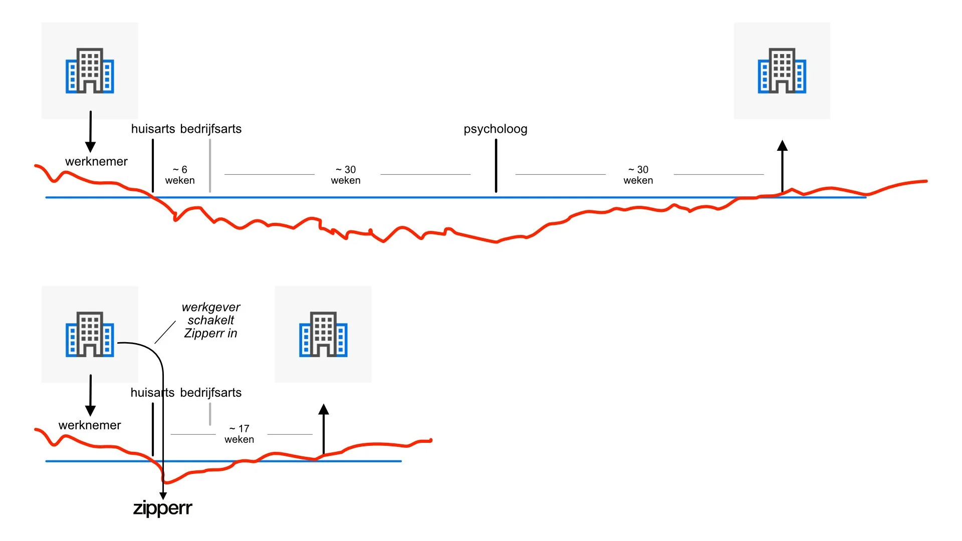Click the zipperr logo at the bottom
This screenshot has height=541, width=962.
click(x=162, y=508)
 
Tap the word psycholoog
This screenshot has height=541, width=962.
click(x=495, y=129)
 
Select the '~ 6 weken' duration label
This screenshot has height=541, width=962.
click(x=180, y=175)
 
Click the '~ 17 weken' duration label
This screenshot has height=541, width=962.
click(x=239, y=434)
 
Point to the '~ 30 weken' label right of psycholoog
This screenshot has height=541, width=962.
click(x=638, y=175)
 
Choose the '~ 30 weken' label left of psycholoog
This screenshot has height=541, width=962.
click(x=346, y=175)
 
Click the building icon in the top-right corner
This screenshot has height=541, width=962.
click(x=782, y=71)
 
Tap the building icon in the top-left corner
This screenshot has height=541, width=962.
click(x=90, y=71)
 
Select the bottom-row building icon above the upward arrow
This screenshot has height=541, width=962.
click(x=323, y=334)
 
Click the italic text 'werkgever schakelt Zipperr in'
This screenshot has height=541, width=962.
click(x=210, y=320)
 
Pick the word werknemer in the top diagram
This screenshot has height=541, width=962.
click(x=96, y=161)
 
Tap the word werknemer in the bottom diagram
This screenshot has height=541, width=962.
click(x=90, y=425)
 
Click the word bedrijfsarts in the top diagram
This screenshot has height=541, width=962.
click(x=210, y=129)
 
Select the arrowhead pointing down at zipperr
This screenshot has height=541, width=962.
click(x=163, y=495)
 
